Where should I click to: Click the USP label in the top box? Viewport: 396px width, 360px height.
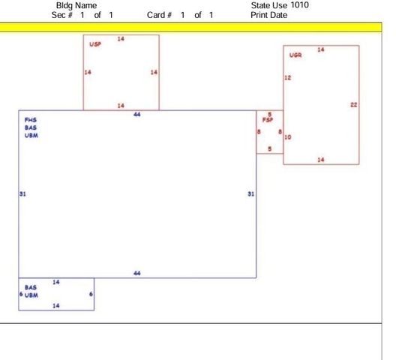click(x=95, y=44)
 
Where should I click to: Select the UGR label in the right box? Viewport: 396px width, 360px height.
click(x=295, y=55)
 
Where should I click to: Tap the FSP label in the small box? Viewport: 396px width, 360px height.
click(x=268, y=120)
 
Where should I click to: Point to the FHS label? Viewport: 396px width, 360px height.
click(x=31, y=120)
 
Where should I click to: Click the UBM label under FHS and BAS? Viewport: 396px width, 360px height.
click(x=31, y=136)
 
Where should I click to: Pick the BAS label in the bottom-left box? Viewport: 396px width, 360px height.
click(x=31, y=287)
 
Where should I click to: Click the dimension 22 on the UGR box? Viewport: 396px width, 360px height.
click(x=354, y=104)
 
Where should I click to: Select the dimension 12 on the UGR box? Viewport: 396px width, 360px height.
click(x=288, y=77)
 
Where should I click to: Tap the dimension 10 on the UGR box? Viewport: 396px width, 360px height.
click(x=288, y=137)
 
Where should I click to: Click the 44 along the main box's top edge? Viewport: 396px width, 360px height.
click(x=137, y=115)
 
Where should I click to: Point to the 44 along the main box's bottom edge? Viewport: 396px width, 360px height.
click(x=137, y=273)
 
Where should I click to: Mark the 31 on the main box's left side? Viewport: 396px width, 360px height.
click(x=22, y=193)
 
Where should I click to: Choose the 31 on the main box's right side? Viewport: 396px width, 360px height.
click(x=250, y=193)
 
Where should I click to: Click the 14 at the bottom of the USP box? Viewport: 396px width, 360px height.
click(x=121, y=106)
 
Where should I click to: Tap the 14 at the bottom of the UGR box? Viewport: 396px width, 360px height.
click(x=321, y=160)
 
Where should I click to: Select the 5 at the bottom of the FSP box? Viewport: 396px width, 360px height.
click(x=270, y=148)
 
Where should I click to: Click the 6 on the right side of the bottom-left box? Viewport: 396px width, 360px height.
click(x=91, y=294)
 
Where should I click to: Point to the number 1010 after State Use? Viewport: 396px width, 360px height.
click(x=299, y=4)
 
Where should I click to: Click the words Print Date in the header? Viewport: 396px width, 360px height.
click(x=269, y=15)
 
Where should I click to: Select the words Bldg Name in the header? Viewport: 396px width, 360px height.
click(x=76, y=5)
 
